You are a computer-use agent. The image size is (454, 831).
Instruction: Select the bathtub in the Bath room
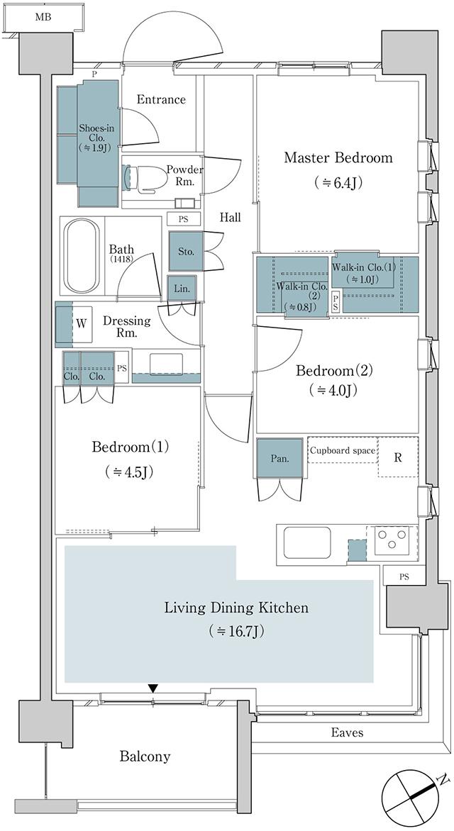click(82, 256)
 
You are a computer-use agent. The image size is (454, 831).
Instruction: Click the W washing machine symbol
click(82, 323)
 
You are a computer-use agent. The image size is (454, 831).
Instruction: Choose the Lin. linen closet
click(179, 287)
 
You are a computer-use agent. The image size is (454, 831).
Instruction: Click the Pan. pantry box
click(279, 459)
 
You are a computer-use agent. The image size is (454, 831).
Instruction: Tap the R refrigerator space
click(398, 457)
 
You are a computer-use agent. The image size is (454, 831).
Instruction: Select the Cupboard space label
click(342, 450)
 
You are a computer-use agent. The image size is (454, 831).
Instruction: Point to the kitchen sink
click(306, 542)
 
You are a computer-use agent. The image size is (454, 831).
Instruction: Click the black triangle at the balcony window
click(153, 688)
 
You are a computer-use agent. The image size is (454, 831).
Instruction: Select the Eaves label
click(346, 732)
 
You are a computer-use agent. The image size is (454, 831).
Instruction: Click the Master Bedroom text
click(338, 157)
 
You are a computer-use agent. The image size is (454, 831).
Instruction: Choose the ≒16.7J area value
click(236, 630)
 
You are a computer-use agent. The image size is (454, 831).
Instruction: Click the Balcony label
click(145, 757)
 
